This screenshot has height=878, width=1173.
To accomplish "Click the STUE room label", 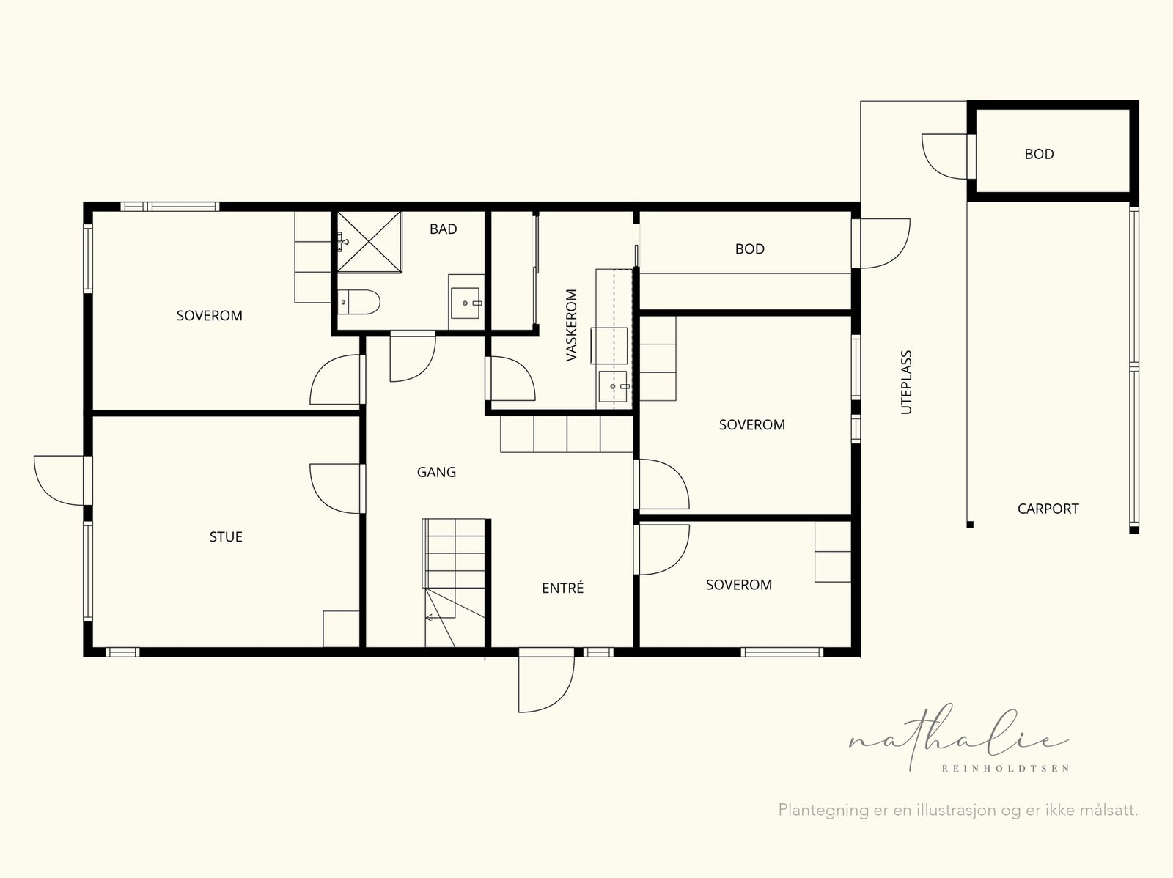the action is pyautogui.click(x=226, y=536).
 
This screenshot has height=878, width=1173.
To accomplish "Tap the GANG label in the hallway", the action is pyautogui.click(x=436, y=472).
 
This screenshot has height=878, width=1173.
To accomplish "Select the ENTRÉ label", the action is pyautogui.click(x=562, y=588).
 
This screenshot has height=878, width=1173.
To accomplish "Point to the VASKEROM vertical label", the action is pyautogui.click(x=571, y=325).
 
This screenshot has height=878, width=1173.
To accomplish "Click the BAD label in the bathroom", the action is pyautogui.click(x=443, y=229).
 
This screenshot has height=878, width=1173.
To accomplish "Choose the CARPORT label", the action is pyautogui.click(x=1048, y=509).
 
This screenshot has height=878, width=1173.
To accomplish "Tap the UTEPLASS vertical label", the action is pyautogui.click(x=906, y=383).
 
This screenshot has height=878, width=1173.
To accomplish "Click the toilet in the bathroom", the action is pyautogui.click(x=359, y=302).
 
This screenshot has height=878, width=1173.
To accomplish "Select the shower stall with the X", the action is pyautogui.click(x=369, y=241).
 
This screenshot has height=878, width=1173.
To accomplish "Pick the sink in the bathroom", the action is pyautogui.click(x=466, y=303).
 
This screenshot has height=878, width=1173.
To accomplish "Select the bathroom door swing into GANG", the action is pyautogui.click(x=413, y=356).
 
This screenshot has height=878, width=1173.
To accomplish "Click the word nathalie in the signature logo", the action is pyautogui.click(x=959, y=740).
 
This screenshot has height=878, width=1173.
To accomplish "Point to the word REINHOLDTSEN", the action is pyautogui.click(x=1006, y=769).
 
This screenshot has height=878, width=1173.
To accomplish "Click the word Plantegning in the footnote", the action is pyautogui.click(x=823, y=811).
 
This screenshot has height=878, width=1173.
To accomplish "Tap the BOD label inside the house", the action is pyautogui.click(x=750, y=249).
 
